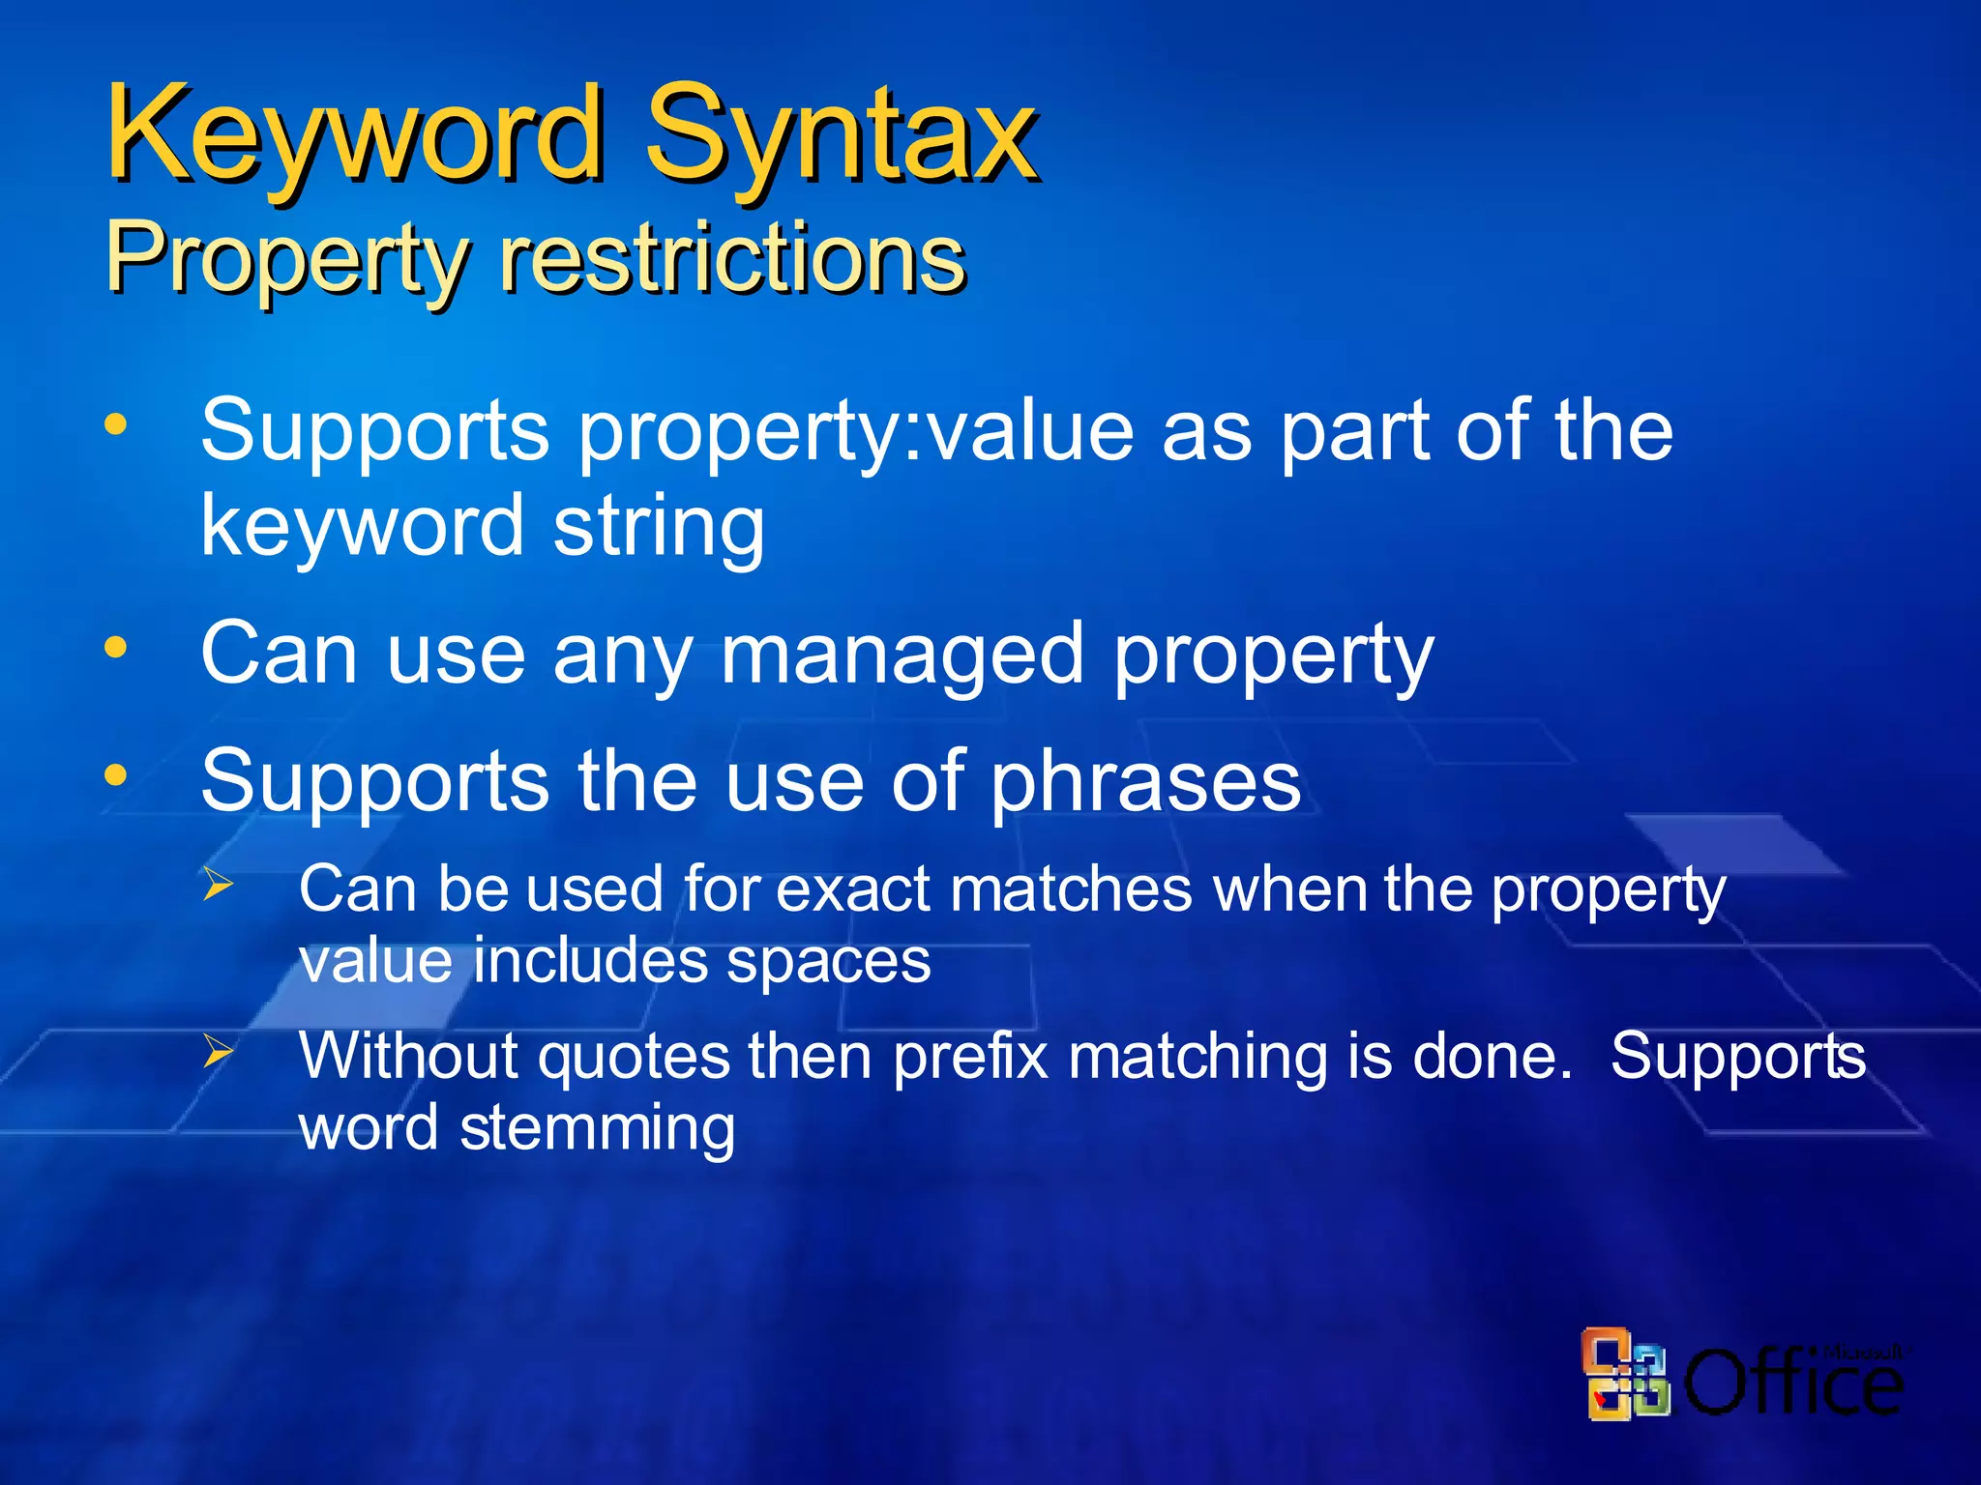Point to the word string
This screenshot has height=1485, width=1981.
659,526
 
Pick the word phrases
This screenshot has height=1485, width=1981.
1146,781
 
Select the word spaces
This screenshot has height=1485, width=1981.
829,961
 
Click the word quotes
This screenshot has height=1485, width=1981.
634,1056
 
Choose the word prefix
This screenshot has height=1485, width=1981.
970,1056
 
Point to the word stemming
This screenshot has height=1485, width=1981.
597,1128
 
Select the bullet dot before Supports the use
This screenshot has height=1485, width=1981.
116,774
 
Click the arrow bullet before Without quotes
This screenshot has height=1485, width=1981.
218,1051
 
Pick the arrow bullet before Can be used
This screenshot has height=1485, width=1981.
218,884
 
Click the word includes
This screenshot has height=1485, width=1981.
589,961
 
